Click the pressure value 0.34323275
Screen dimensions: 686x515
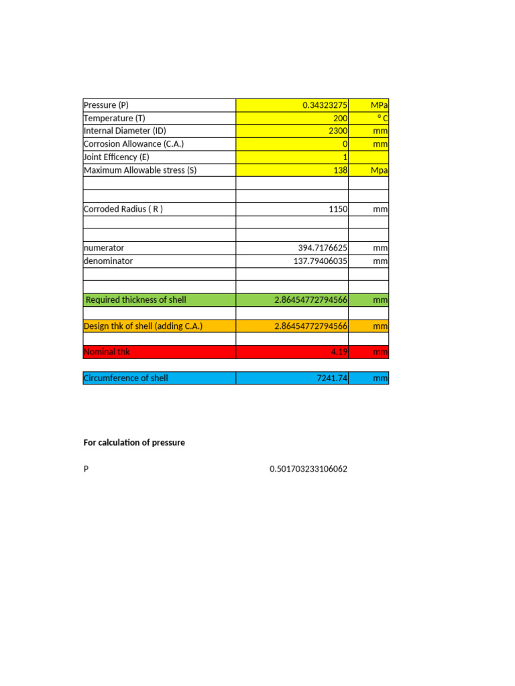(325, 105)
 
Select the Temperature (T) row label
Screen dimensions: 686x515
(114, 118)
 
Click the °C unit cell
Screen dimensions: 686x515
(380, 119)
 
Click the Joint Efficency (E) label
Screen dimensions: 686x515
(116, 157)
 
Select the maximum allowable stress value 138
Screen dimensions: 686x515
(340, 170)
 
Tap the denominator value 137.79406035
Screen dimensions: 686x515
(321, 261)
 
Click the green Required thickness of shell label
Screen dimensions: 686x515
(136, 300)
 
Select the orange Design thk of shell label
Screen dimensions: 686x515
(143, 326)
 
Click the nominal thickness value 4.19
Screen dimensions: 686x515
(338, 352)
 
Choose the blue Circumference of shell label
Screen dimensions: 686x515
(125, 378)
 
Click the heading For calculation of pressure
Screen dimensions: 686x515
(134, 443)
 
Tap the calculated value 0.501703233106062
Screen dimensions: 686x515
(308, 469)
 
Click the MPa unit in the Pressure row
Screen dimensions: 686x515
(379, 105)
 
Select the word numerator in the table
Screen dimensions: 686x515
(104, 248)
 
